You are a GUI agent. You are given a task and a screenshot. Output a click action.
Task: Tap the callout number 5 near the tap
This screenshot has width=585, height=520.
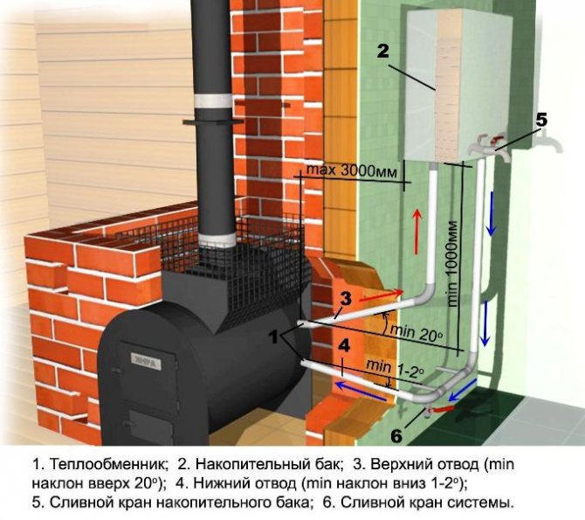point(541,120)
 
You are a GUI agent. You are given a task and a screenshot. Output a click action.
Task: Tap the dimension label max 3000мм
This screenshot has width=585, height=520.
point(354,169)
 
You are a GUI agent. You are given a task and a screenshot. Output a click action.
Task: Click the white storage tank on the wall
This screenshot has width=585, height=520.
point(437,87)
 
